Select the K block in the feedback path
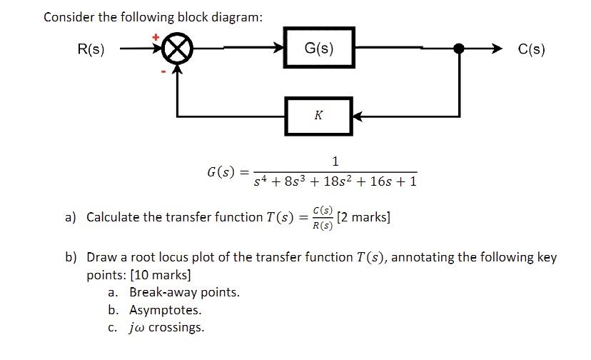tap(318, 115)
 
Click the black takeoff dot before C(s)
tap(460, 49)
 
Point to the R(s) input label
tap(91, 49)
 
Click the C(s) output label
tap(532, 49)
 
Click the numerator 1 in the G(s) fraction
tap(335, 160)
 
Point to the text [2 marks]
tap(364, 217)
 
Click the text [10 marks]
tap(164, 275)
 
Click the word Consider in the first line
tap(69, 16)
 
